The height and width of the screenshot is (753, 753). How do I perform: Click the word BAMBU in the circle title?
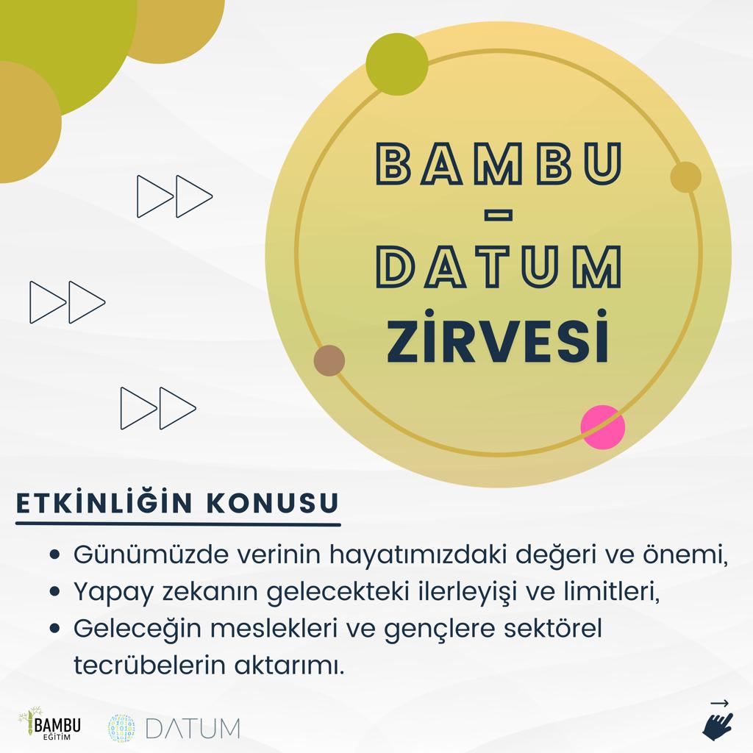coord(499,163)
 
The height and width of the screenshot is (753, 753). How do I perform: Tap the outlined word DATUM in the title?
coord(499,266)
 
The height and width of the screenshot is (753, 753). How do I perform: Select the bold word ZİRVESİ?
coord(499,337)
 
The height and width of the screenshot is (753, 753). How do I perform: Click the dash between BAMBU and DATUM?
coord(499,216)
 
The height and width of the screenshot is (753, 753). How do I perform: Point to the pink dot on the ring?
coord(603,427)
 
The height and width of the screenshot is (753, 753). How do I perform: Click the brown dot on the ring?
coord(329,360)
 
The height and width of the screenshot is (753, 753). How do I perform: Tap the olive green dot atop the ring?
coord(397,64)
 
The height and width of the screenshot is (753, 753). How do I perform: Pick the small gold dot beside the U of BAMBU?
coord(686,176)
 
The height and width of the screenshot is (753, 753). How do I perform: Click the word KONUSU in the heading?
coord(273,503)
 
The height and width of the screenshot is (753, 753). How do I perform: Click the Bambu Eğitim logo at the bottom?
coord(49,724)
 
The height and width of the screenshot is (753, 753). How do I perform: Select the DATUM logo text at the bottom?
coord(192,729)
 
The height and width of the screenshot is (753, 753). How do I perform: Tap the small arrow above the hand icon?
coord(719,704)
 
